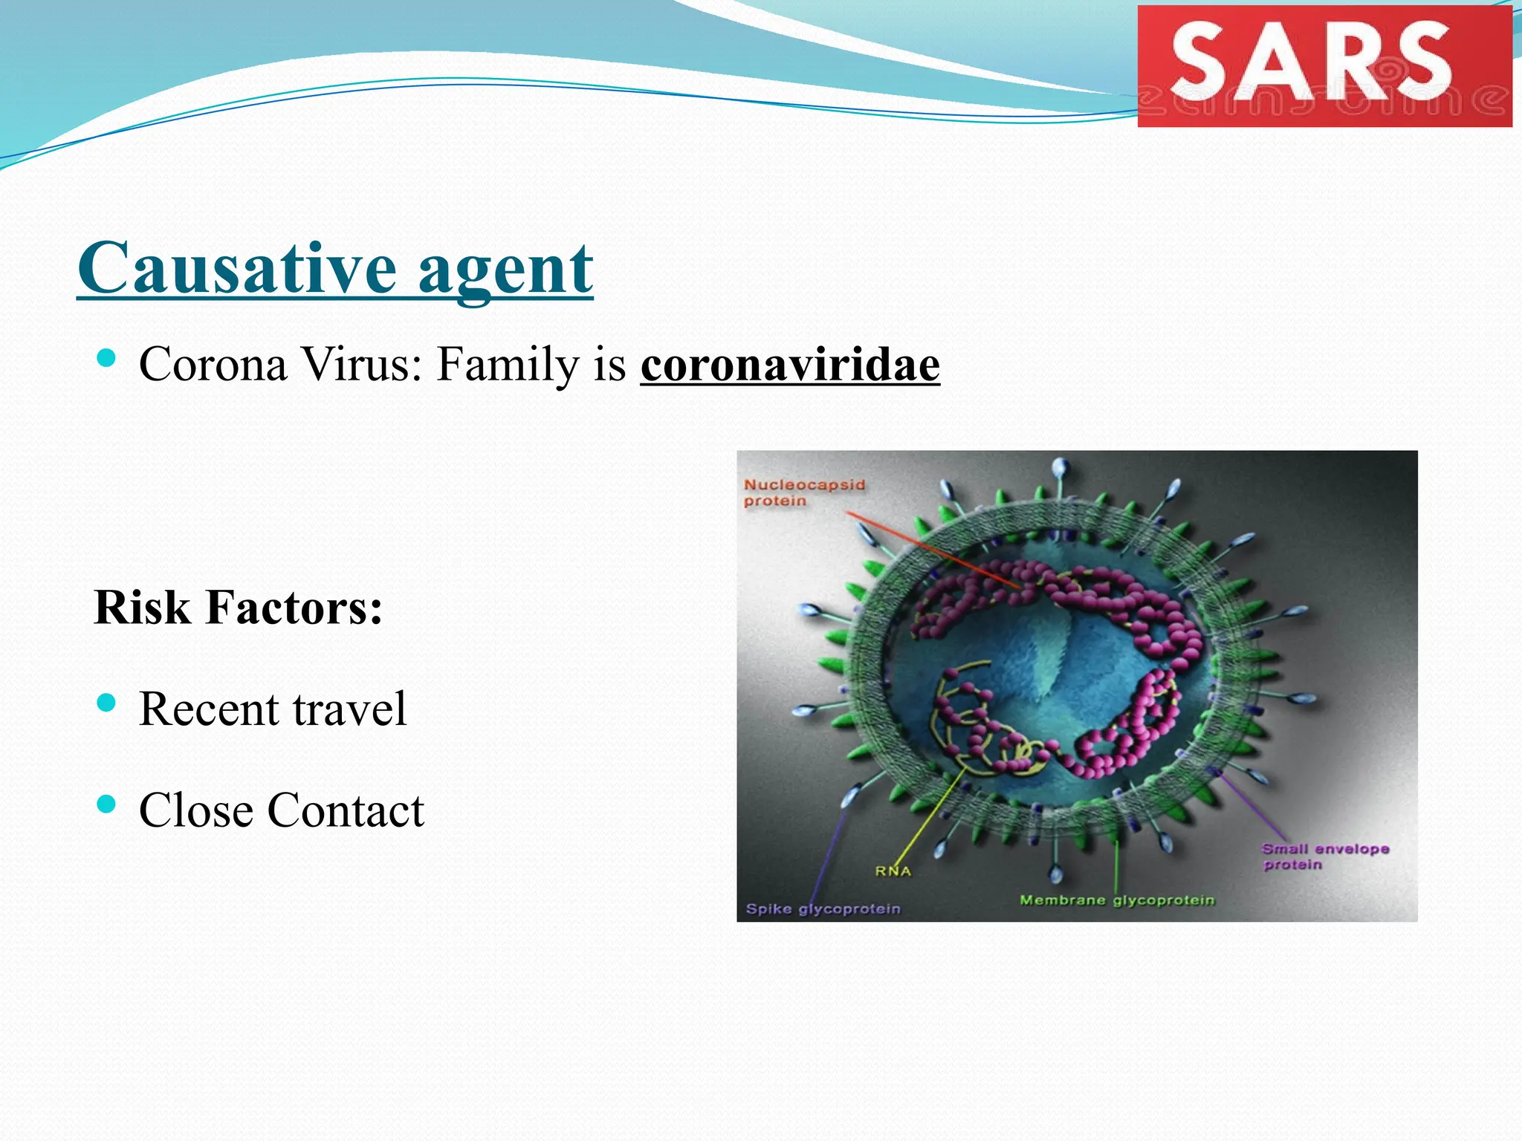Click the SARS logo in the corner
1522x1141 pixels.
click(x=1324, y=65)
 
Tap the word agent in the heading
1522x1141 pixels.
click(x=505, y=269)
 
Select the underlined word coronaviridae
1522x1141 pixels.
click(x=790, y=365)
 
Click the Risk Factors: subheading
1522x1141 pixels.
click(x=239, y=608)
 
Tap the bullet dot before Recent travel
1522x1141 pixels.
click(x=107, y=703)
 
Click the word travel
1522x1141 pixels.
click(x=349, y=709)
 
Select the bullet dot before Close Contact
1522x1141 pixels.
click(x=107, y=804)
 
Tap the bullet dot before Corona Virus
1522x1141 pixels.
click(x=107, y=359)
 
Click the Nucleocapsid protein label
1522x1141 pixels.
click(x=804, y=493)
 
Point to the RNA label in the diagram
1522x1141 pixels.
click(x=893, y=871)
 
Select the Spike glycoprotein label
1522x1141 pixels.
click(x=823, y=909)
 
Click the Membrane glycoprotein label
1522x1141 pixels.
click(x=1117, y=900)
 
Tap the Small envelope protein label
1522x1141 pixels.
click(x=1324, y=856)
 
